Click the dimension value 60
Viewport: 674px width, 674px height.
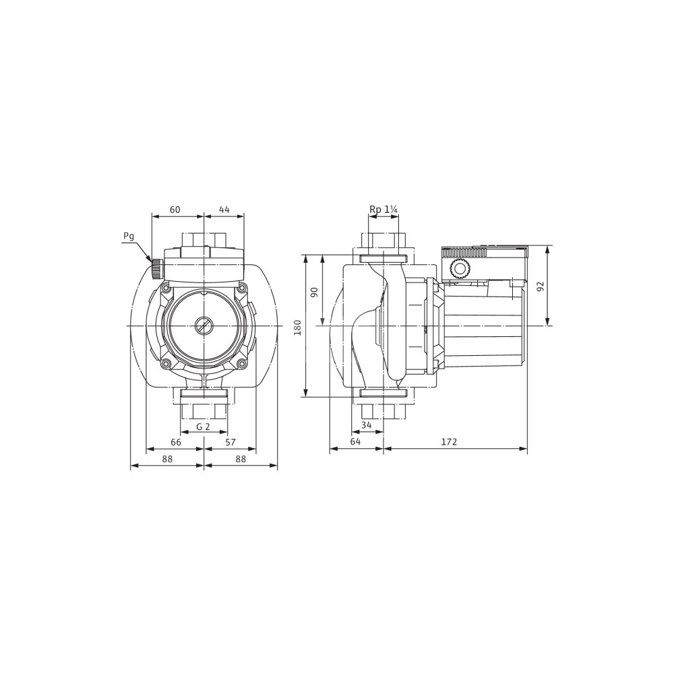click(175, 210)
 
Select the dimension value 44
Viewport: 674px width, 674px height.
click(224, 210)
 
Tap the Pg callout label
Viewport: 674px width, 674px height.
click(129, 236)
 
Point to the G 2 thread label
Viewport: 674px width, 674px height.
click(203, 427)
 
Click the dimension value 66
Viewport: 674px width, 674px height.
click(176, 442)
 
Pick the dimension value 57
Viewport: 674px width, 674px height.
click(231, 442)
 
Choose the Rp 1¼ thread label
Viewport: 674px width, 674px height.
click(384, 210)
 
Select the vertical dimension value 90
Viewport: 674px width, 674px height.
click(314, 292)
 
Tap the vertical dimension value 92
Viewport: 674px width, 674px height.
click(541, 286)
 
